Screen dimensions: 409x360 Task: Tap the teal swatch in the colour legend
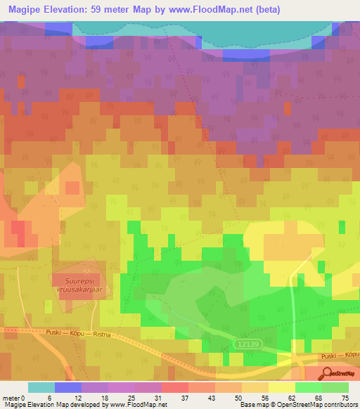click(41, 387)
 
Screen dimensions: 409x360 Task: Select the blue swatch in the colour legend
click(68, 387)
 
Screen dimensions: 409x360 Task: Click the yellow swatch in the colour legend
click(281, 387)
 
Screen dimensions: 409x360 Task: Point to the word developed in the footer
click(84, 404)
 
